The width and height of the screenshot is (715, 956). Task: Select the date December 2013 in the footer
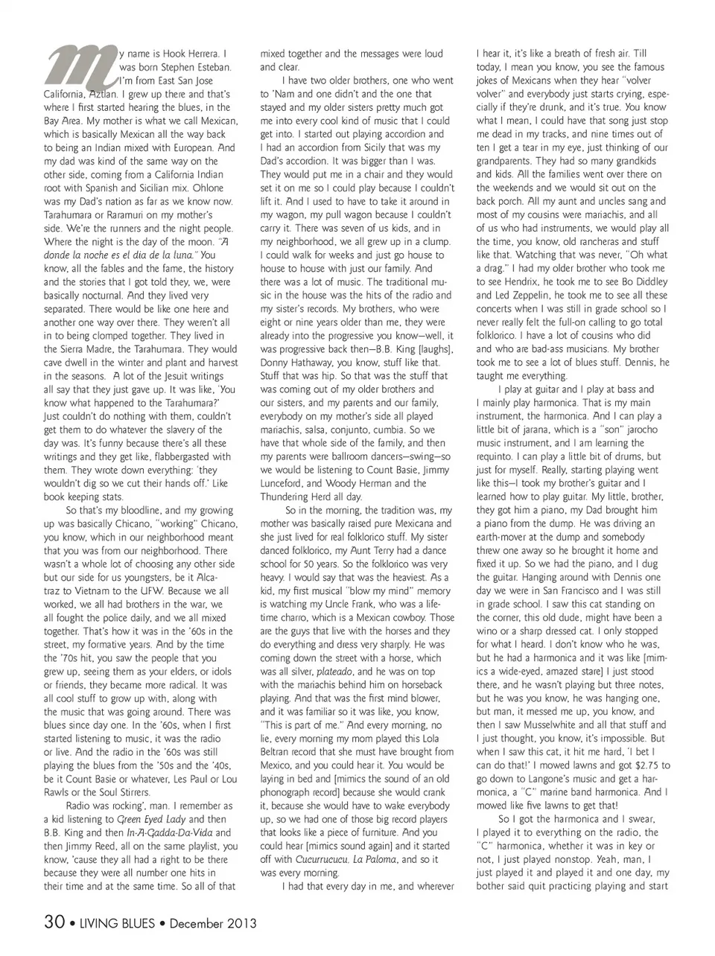click(213, 923)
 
